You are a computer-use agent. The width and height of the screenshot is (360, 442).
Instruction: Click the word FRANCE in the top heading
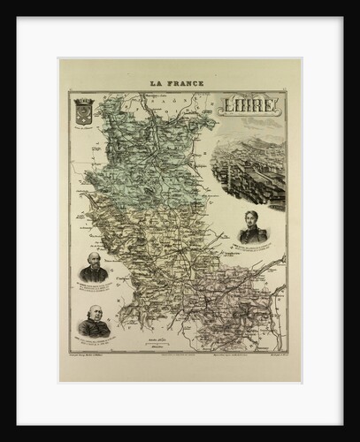point(187,83)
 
